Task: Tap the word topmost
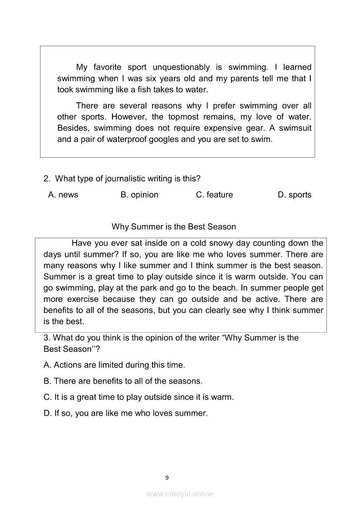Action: (181, 117)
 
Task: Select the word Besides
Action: (73, 128)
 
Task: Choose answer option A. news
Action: (63, 195)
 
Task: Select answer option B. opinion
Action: (139, 195)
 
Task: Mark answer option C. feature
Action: (214, 195)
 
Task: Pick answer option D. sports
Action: (295, 195)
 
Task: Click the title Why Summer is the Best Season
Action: (174, 226)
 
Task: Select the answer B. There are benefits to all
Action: (123, 381)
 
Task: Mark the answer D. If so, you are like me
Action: (126, 413)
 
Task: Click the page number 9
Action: (167, 478)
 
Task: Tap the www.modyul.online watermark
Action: (180, 494)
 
